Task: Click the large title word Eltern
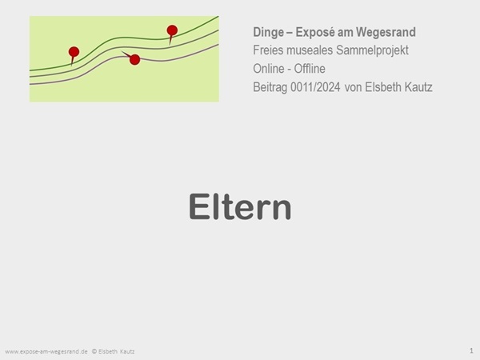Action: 240,206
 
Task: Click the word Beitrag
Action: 270,87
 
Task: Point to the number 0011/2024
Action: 315,87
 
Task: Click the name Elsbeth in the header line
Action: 382,87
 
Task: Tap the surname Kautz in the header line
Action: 418,87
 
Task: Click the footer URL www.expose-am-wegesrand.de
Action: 46,351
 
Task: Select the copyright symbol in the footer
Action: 94,351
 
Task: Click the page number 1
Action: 471,350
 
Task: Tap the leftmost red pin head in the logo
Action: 74,52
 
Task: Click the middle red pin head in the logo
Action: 134,59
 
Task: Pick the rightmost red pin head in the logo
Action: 172,30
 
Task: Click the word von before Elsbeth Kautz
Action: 353,87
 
